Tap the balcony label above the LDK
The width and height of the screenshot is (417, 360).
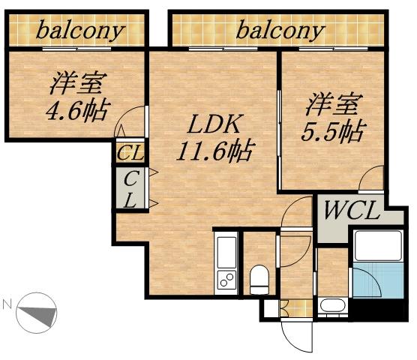(281, 31)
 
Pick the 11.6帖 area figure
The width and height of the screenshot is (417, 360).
(214, 151)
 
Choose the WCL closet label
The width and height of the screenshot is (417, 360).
(351, 211)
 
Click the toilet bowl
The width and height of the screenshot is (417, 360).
(259, 278)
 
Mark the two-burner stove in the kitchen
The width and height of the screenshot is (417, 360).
(226, 280)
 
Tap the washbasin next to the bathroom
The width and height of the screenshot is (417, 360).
(331, 306)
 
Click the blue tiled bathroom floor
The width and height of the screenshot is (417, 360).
(368, 283)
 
